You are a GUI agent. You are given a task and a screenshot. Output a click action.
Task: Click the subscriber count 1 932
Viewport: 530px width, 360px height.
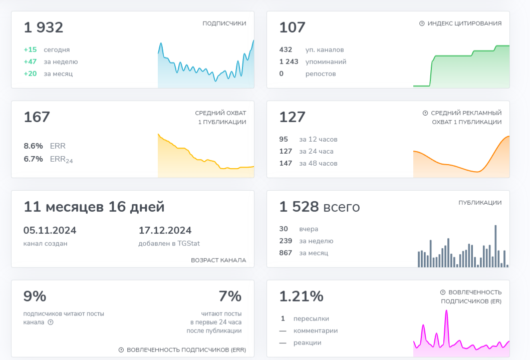(x=44, y=28)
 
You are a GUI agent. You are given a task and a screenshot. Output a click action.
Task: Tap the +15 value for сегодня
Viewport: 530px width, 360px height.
(x=30, y=50)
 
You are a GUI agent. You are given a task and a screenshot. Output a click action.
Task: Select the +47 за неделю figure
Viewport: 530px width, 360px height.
(x=30, y=62)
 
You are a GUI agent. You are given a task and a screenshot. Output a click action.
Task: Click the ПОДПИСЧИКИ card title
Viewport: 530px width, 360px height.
(x=224, y=24)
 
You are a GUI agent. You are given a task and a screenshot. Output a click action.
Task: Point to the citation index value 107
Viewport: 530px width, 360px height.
(x=292, y=28)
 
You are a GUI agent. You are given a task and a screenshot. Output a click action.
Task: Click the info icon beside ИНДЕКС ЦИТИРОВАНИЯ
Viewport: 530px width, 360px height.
(x=422, y=24)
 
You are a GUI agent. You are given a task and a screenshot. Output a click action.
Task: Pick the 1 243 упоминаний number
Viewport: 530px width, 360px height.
(x=289, y=62)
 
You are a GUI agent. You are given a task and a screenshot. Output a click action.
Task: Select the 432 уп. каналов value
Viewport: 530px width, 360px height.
(x=286, y=50)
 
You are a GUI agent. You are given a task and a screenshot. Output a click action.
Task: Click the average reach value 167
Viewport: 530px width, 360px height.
(x=37, y=117)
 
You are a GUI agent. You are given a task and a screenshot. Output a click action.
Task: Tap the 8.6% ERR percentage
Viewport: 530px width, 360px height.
(x=33, y=146)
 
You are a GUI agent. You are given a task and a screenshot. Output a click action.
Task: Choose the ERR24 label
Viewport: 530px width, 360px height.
(x=61, y=159)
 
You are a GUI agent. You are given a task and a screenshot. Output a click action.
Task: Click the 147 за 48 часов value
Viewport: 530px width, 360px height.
(x=286, y=163)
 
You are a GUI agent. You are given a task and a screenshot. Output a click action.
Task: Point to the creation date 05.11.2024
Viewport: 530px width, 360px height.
(x=50, y=230)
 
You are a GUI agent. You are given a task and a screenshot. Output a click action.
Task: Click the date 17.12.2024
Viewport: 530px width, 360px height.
(x=165, y=230)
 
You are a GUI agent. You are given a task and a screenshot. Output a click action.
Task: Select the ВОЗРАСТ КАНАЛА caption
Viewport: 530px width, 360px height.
(x=218, y=260)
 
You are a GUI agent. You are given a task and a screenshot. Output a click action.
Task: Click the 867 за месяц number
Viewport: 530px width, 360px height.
(x=286, y=253)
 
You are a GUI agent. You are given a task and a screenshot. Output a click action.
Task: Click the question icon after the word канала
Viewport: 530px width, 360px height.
(x=51, y=322)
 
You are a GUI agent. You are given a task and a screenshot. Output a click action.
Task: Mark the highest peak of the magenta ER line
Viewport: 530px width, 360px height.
(x=446, y=311)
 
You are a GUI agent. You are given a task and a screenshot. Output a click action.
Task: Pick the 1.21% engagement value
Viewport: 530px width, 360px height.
(x=301, y=296)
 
